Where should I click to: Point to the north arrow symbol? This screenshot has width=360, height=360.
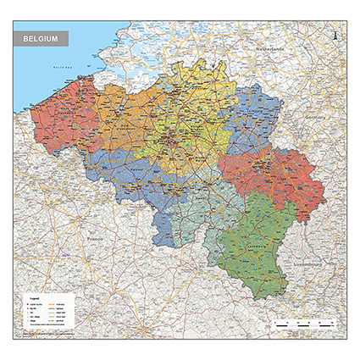coord(335,36)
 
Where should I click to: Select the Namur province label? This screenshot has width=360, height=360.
coord(191,203)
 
